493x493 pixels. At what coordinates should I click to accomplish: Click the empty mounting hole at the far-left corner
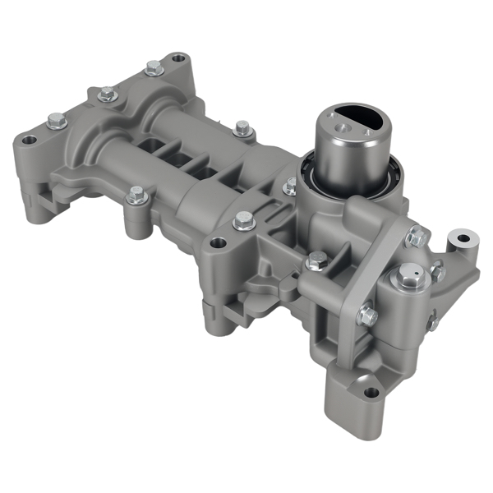pyautogui.click(x=30, y=141)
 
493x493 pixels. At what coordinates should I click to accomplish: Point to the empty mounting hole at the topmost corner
pyautogui.click(x=176, y=59)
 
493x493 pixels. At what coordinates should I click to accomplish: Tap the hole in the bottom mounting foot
pyautogui.click(x=371, y=393)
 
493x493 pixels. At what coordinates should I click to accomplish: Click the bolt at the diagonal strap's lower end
pyautogui.click(x=367, y=315)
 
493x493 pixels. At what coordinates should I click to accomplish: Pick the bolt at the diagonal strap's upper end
pyautogui.click(x=417, y=237)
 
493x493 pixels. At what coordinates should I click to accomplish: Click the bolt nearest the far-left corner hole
pyautogui.click(x=56, y=120)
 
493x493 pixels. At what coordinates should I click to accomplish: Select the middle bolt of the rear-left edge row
pyautogui.click(x=107, y=94)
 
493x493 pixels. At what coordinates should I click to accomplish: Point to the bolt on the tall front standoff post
pyautogui.click(x=137, y=195)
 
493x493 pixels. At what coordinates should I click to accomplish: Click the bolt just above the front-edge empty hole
pyautogui.click(x=243, y=219)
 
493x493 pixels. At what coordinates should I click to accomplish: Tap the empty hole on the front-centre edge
pyautogui.click(x=218, y=243)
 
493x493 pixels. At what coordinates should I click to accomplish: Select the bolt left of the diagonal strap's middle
pyautogui.click(x=316, y=261)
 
